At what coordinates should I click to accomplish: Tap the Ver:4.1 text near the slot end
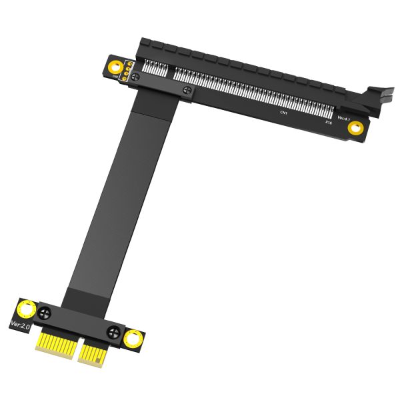343,118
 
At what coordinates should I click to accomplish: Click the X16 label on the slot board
328,123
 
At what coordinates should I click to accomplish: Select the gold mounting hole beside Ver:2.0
27,309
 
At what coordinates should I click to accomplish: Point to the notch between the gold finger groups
75,348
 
